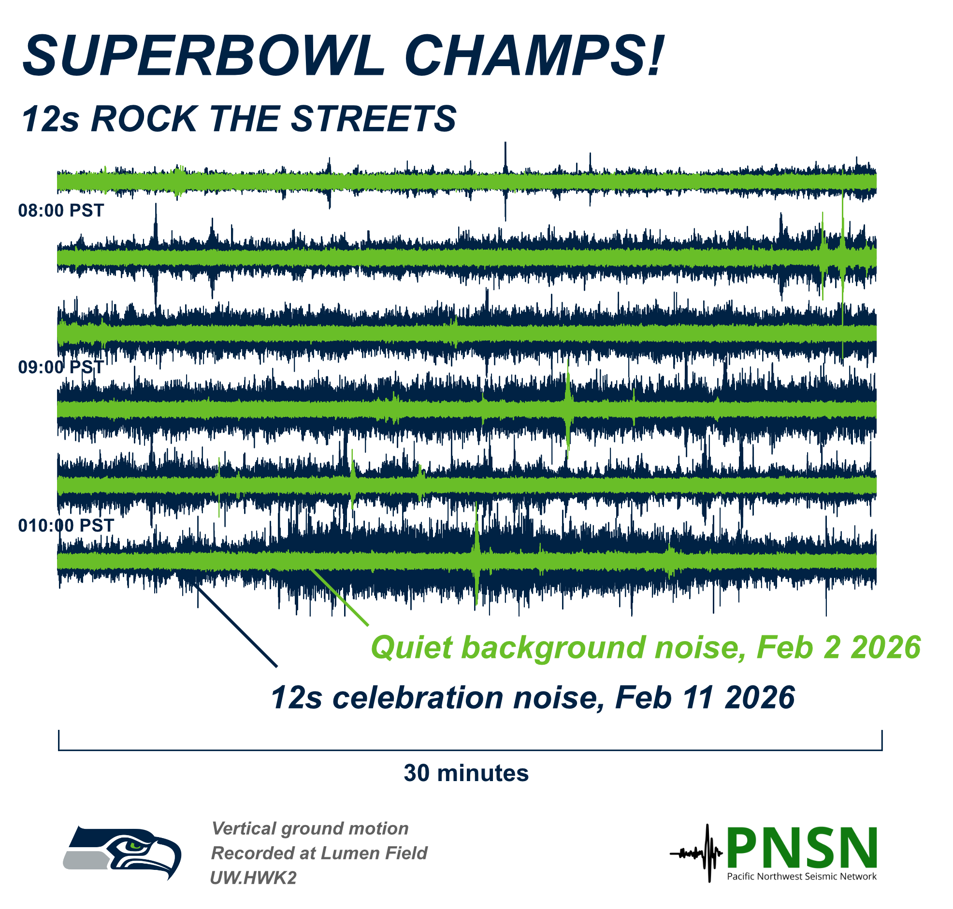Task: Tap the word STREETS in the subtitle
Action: (374, 119)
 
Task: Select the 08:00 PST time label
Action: (61, 210)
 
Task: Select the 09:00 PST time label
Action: (61, 367)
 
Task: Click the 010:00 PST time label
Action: (66, 525)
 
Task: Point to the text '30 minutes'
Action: (466, 773)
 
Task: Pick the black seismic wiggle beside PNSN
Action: (696, 853)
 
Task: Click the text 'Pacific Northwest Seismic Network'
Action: (801, 877)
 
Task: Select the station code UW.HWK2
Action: (253, 878)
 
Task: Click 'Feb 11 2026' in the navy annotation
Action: (705, 698)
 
